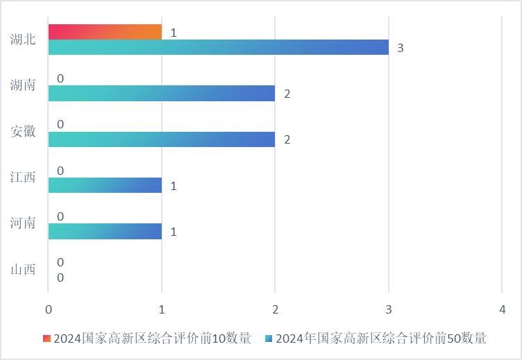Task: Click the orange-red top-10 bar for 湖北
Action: [105, 32]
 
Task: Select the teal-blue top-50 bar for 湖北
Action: [219, 47]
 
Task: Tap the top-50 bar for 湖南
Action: [162, 93]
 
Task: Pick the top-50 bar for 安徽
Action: [162, 139]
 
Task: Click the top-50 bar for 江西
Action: [105, 185]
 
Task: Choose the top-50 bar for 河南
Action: [105, 231]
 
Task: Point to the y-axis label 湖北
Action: [23, 40]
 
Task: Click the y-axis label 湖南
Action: [23, 85]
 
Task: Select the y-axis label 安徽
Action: [23, 131]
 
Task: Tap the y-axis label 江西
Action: [23, 178]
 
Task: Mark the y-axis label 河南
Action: [23, 223]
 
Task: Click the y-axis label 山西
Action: [23, 269]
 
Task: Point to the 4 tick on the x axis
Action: [502, 309]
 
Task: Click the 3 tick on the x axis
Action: [389, 309]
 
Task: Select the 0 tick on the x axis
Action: [49, 309]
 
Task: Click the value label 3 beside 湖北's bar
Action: [401, 48]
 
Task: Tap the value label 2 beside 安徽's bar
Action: [287, 139]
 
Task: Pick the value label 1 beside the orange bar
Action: [174, 33]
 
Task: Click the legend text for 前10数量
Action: [152, 338]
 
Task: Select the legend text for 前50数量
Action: [381, 338]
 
